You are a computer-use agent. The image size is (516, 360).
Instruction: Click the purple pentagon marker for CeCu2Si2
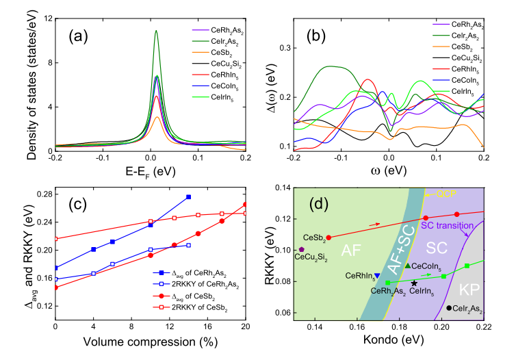point(302,249)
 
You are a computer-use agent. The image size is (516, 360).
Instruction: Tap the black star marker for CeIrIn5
point(415,283)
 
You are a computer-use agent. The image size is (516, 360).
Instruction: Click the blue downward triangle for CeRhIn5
point(377,276)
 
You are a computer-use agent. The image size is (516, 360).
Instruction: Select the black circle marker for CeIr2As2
point(449,308)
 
